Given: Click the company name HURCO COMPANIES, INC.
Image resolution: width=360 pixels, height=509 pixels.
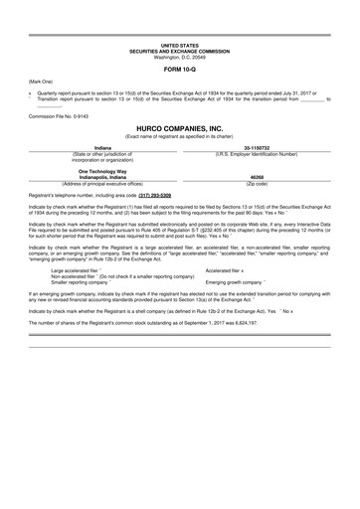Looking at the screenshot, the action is click(x=179, y=129).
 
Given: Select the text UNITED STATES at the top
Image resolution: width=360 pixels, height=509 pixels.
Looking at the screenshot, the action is click(x=179, y=46).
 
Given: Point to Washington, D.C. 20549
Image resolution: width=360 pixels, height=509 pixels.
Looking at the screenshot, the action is click(x=179, y=57).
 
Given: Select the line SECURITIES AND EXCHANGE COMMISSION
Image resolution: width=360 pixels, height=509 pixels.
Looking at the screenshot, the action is click(x=179, y=51).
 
